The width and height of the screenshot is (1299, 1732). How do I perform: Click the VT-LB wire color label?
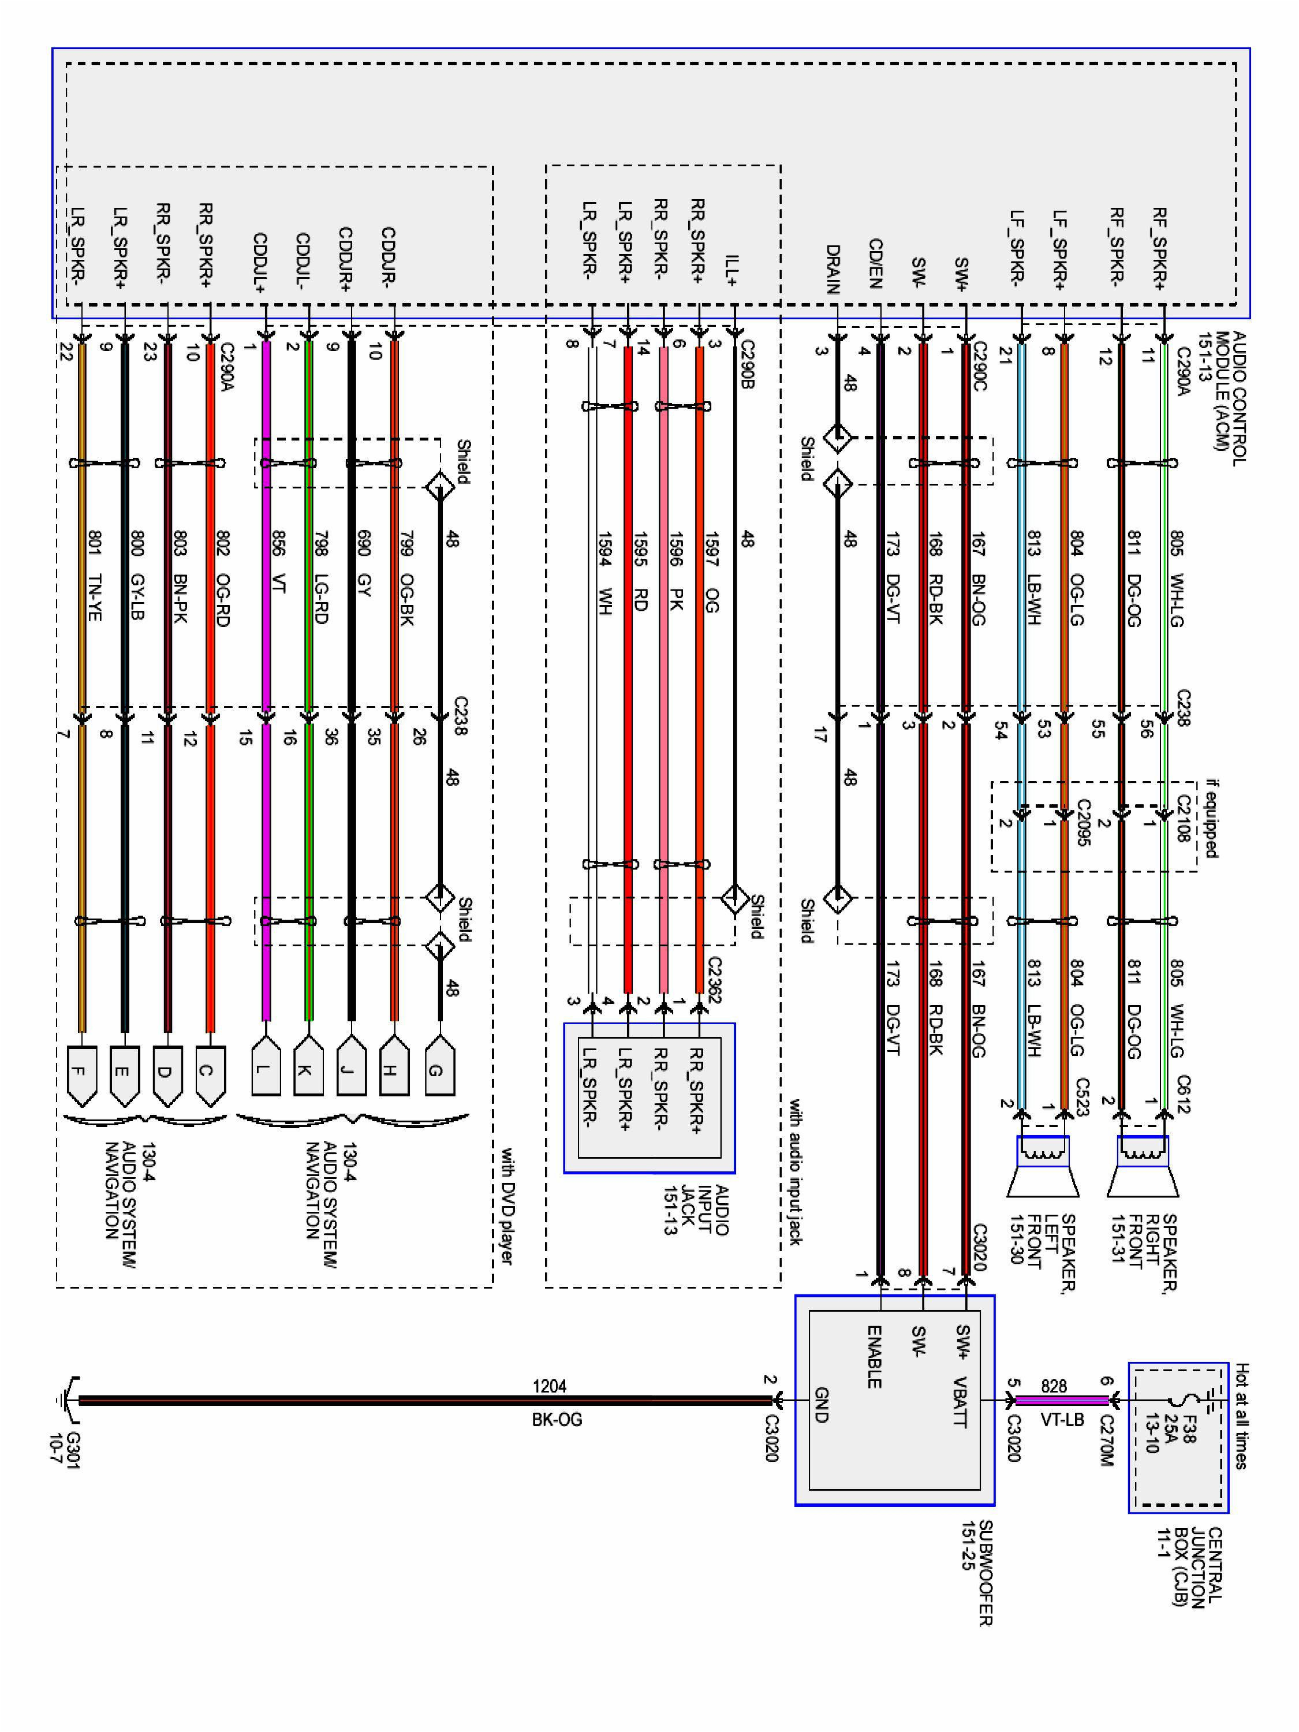click(x=1062, y=1419)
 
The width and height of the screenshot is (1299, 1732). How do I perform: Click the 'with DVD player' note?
click(x=507, y=1206)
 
